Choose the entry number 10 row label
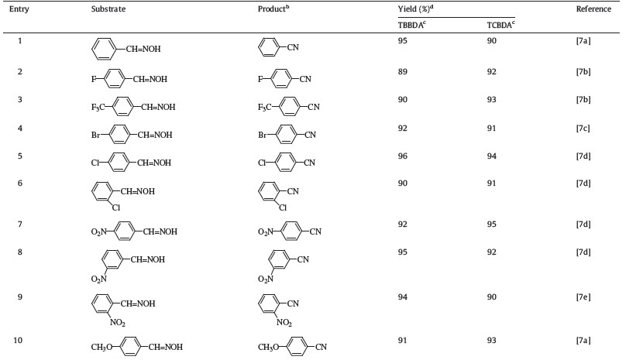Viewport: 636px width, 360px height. click(x=22, y=338)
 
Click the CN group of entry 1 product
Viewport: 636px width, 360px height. click(x=292, y=53)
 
